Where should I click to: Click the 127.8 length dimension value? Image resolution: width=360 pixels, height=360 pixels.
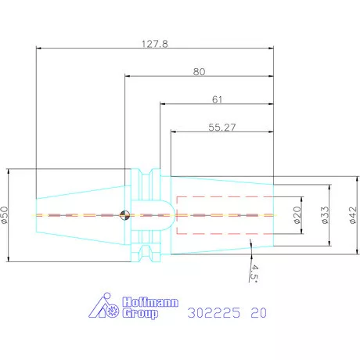click(x=155, y=44)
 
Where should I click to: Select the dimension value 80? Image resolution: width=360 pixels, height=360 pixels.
click(x=199, y=72)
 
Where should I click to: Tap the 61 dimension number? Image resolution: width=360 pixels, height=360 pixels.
click(x=217, y=99)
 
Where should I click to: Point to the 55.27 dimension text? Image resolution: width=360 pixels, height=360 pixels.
click(x=222, y=128)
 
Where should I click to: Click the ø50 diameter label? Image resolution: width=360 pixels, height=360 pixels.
click(x=5, y=215)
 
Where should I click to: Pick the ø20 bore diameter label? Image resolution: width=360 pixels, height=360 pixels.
click(x=297, y=215)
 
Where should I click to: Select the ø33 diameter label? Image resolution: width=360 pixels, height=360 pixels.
click(x=325, y=215)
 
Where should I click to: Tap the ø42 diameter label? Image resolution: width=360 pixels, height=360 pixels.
click(x=353, y=215)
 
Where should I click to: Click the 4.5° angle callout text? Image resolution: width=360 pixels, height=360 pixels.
click(x=254, y=274)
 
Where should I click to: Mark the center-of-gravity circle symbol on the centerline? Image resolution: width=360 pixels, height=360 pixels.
click(x=124, y=215)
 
